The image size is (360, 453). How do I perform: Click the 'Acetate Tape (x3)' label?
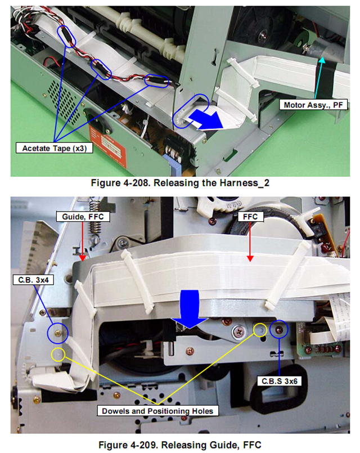coord(54,148)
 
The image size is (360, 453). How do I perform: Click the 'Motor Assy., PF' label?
coord(313,105)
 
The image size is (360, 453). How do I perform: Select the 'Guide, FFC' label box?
coord(83,217)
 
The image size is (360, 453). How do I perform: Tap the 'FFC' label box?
coord(250,217)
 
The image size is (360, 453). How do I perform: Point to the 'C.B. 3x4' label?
coord(33,280)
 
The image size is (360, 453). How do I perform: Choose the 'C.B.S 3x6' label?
coord(280,381)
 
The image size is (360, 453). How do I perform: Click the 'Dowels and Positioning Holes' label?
coord(157,411)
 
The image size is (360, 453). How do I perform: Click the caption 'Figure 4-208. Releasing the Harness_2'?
coord(180,183)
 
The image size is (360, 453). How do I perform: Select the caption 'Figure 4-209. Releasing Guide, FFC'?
coord(180,445)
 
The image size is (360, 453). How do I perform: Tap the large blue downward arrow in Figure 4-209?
coord(190,309)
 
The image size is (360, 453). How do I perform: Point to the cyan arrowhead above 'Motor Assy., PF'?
coord(322,60)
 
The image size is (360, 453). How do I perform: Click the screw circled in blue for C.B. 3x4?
coord(58,333)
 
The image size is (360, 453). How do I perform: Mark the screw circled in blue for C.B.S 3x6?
coord(279,329)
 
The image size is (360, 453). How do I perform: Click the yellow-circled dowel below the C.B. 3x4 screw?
coord(58,354)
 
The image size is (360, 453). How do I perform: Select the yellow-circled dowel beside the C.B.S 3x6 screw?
coord(260,329)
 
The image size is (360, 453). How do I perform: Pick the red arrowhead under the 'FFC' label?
coord(250,258)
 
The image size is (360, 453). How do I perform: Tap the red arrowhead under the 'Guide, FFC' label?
coord(83,258)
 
